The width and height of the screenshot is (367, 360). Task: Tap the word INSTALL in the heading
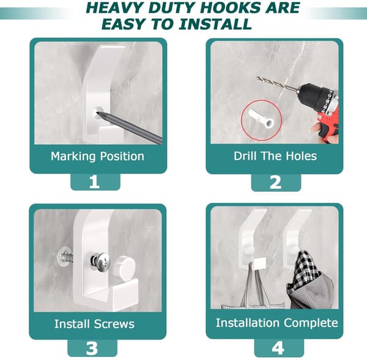[x=215, y=24]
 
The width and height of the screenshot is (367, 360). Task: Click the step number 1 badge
[x=95, y=182]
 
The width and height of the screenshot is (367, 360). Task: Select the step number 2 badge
[x=276, y=183]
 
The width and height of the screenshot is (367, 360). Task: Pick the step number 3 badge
[x=92, y=348]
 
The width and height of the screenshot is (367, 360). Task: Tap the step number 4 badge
[x=278, y=348]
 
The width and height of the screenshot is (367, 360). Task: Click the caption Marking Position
[x=97, y=156]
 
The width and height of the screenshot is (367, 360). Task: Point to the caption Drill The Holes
[x=275, y=156]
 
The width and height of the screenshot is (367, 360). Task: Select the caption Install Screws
[x=94, y=324]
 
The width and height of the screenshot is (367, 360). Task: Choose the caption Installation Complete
[x=277, y=323]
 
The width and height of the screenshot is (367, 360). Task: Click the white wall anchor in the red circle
[x=261, y=119]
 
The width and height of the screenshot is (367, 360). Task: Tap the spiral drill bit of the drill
[x=278, y=84]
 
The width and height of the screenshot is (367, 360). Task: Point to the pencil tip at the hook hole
[x=98, y=112]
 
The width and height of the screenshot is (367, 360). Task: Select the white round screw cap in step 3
[x=124, y=267]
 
